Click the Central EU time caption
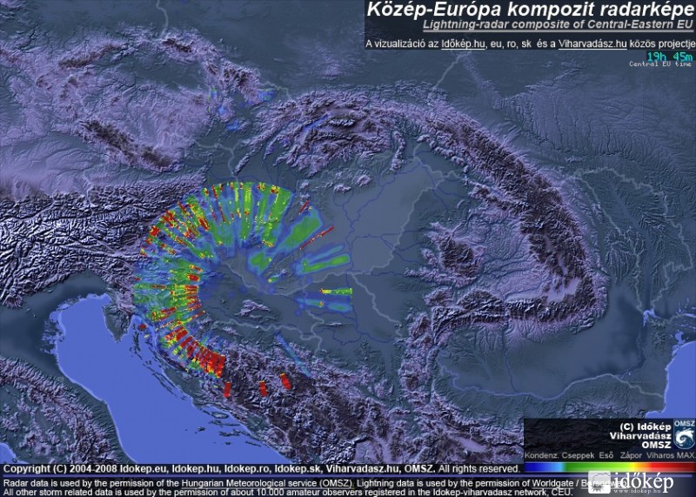(661, 64)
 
